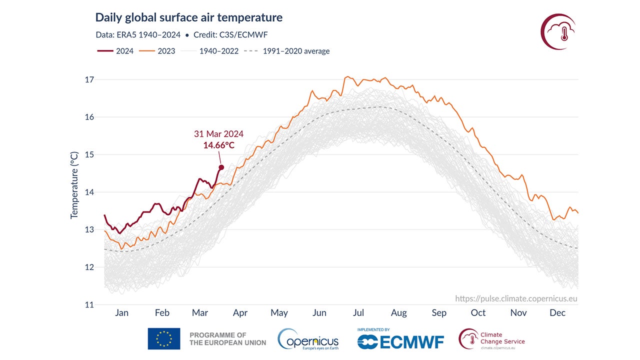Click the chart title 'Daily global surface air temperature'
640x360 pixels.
(x=188, y=17)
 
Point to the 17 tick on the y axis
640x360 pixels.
(x=89, y=79)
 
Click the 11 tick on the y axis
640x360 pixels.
(x=89, y=304)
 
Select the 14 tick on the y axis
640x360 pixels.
(x=89, y=192)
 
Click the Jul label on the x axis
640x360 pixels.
(x=358, y=313)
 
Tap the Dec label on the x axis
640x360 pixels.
(x=557, y=313)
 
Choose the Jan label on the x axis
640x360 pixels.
(x=121, y=313)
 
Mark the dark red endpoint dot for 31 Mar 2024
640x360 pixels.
(x=221, y=167)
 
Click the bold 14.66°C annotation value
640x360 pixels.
(x=218, y=145)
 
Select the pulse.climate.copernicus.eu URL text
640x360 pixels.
(x=516, y=298)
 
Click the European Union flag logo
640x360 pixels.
(x=164, y=338)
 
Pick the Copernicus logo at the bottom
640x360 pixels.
(x=308, y=339)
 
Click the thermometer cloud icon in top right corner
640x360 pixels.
(x=558, y=31)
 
